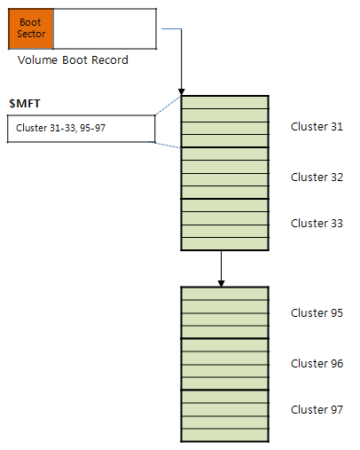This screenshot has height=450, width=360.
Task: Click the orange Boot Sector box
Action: tap(31, 28)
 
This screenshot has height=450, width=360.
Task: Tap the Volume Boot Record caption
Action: tap(73, 60)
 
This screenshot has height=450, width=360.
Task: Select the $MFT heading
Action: tap(25, 104)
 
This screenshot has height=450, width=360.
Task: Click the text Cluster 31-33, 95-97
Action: tap(60, 128)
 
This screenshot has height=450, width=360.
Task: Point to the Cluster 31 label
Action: tap(317, 127)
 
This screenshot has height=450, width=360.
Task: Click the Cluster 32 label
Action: tap(317, 178)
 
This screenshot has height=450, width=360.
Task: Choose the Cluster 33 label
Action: tap(317, 224)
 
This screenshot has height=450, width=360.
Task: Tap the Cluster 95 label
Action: tap(317, 313)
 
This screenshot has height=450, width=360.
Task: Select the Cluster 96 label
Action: tap(317, 364)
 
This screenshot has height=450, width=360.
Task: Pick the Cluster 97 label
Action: tap(317, 410)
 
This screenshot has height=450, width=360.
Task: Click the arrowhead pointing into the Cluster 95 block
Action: tap(221, 283)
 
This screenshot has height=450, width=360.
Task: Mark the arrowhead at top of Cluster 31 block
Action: tap(182, 92)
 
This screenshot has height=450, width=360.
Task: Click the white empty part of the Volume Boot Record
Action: tap(105, 28)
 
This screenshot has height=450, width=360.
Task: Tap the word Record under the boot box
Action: tap(110, 60)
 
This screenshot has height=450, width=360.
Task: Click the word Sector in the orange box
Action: tap(31, 34)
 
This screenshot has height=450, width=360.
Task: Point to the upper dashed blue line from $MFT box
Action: tap(168, 105)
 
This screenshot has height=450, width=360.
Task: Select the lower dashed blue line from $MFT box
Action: tap(165, 145)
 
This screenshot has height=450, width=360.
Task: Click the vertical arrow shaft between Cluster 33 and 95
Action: tap(221, 265)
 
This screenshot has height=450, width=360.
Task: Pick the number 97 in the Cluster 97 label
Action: tap(337, 410)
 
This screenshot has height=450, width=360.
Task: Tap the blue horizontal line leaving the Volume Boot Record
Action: tap(171, 29)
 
